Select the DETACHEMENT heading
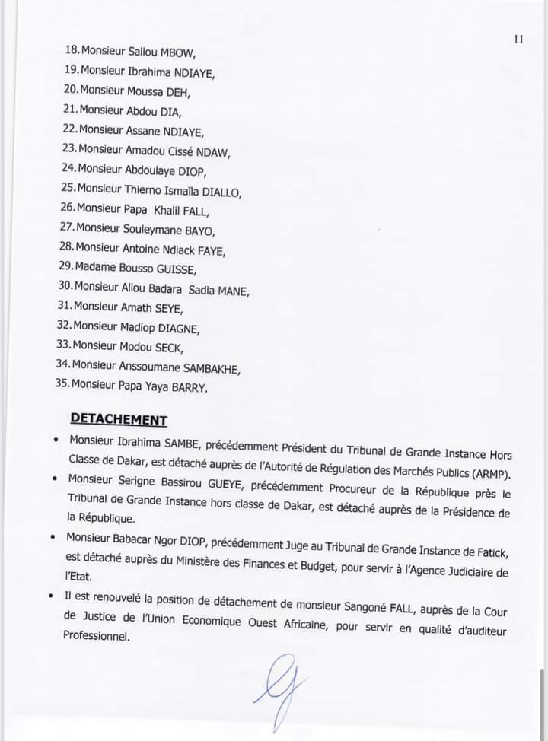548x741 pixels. tap(119, 418)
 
